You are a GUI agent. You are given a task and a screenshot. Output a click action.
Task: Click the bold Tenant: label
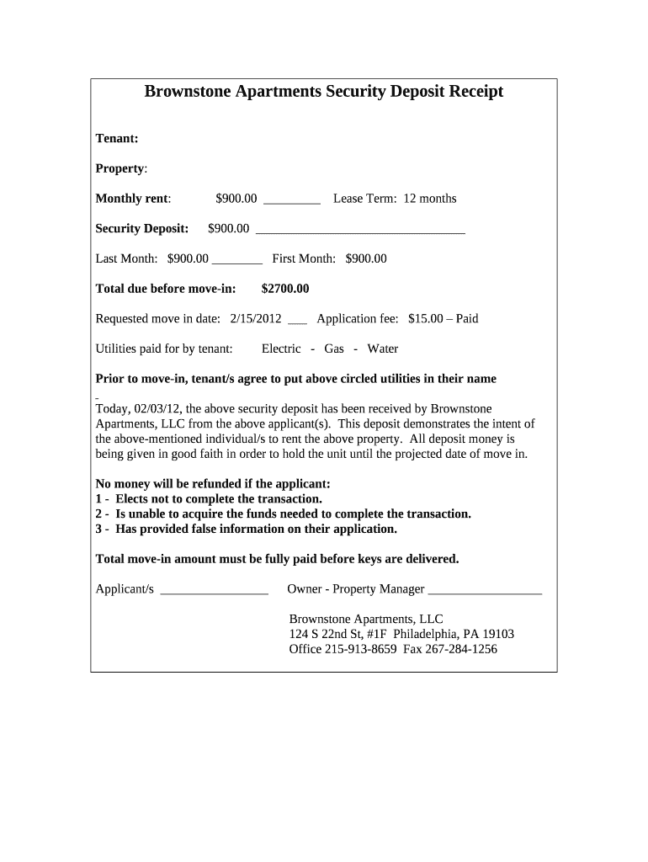coord(117,138)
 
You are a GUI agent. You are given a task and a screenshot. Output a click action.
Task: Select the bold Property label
coord(120,168)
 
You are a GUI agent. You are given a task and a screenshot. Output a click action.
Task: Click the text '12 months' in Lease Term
coord(430,199)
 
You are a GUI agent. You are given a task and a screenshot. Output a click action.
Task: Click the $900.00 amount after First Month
coord(366,258)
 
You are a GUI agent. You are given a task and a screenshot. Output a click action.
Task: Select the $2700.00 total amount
coord(285,289)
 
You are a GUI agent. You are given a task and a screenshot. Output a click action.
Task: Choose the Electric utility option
coord(281,349)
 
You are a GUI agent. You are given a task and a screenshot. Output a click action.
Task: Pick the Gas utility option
coord(334,349)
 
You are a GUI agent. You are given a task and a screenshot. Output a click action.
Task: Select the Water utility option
coord(383,349)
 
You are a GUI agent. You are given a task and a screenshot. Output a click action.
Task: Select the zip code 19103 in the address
coord(498,634)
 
